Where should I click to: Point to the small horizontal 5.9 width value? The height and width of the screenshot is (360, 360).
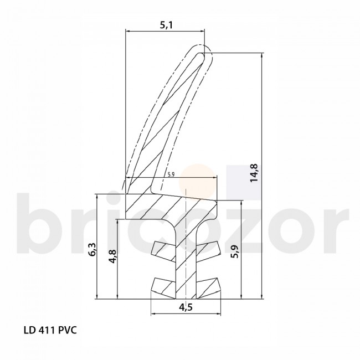pos(171,174)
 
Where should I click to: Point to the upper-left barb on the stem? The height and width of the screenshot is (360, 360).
pos(163,248)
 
